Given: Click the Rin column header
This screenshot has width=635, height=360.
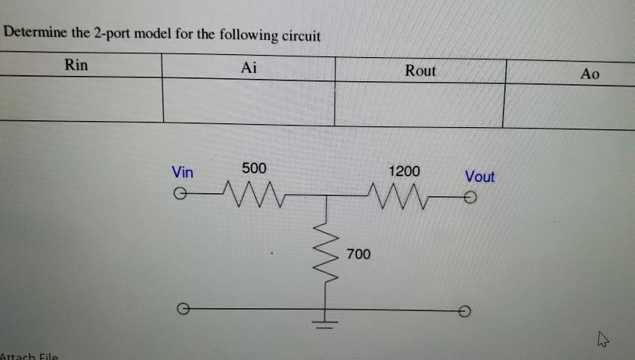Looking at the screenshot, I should tap(76, 65).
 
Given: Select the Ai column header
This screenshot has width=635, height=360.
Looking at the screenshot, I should tap(249, 68).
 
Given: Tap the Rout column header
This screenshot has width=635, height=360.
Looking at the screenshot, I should tap(420, 71).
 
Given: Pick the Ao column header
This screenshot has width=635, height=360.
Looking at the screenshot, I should tap(591, 74).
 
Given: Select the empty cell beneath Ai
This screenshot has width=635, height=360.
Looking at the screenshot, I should tap(249, 102).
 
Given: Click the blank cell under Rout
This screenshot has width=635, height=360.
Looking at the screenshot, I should tap(419, 104).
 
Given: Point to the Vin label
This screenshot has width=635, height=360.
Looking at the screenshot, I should tap(183, 172).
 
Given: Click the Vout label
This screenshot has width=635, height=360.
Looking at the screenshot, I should tap(479, 177).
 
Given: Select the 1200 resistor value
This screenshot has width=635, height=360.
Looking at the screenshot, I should tap(404, 171).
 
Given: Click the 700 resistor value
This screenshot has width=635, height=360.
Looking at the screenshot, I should tap(358, 255).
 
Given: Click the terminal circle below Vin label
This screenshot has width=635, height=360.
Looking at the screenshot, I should tap(179, 195).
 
